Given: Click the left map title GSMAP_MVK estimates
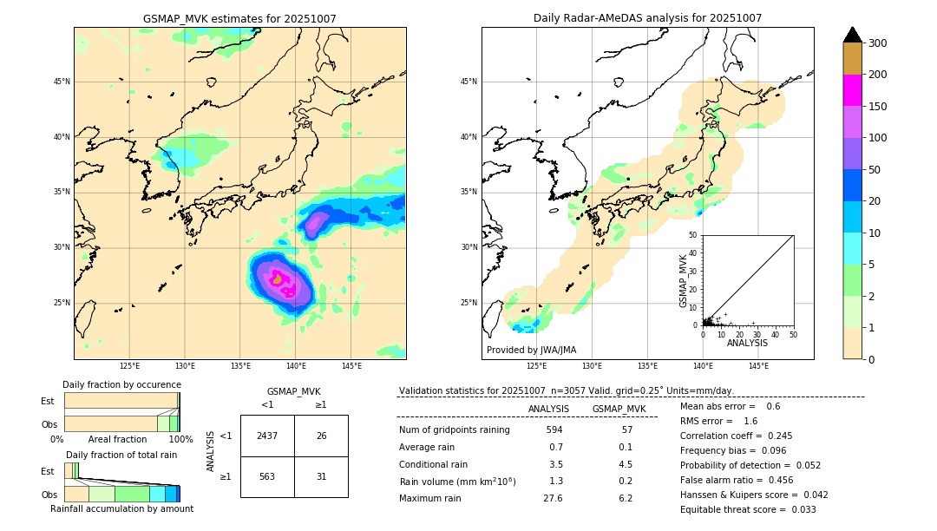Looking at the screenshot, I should click(239, 18).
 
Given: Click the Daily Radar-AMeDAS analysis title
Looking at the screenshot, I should click(647, 18).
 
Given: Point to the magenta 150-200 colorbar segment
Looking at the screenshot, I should click(852, 90).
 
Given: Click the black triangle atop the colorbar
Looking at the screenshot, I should click(853, 35).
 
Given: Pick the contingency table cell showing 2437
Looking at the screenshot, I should click(267, 436).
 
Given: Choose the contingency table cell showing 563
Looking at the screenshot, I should click(267, 476).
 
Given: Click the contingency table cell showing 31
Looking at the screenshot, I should click(321, 476).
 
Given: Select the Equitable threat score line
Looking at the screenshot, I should click(748, 509).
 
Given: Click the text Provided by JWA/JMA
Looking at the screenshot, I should click(531, 350).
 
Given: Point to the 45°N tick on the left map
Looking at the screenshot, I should click(61, 82).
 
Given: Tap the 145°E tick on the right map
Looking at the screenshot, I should click(758, 366).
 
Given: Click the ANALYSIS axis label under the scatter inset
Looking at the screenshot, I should click(747, 343).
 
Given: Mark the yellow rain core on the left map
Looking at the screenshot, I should click(277, 279).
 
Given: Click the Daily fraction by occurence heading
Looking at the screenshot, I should click(121, 384).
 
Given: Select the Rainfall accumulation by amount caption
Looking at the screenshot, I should click(121, 508).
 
